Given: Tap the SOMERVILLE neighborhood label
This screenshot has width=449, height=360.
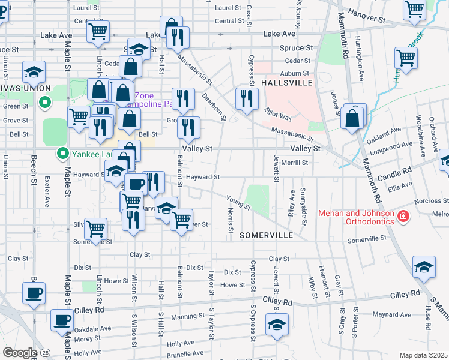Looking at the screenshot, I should click(x=266, y=236).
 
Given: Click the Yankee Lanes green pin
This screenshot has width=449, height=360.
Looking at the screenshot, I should click(x=61, y=154).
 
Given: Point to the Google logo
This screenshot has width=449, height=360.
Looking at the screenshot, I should click(x=19, y=353).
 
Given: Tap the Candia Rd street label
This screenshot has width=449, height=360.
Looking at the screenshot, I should click(x=394, y=171).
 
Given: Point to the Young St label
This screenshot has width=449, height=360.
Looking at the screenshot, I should click(x=238, y=202).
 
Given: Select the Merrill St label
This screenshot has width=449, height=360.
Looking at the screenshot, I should click(x=295, y=162).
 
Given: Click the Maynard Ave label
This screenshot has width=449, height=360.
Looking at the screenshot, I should click(x=391, y=314).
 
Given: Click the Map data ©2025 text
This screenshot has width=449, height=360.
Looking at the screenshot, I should click(x=423, y=355).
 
